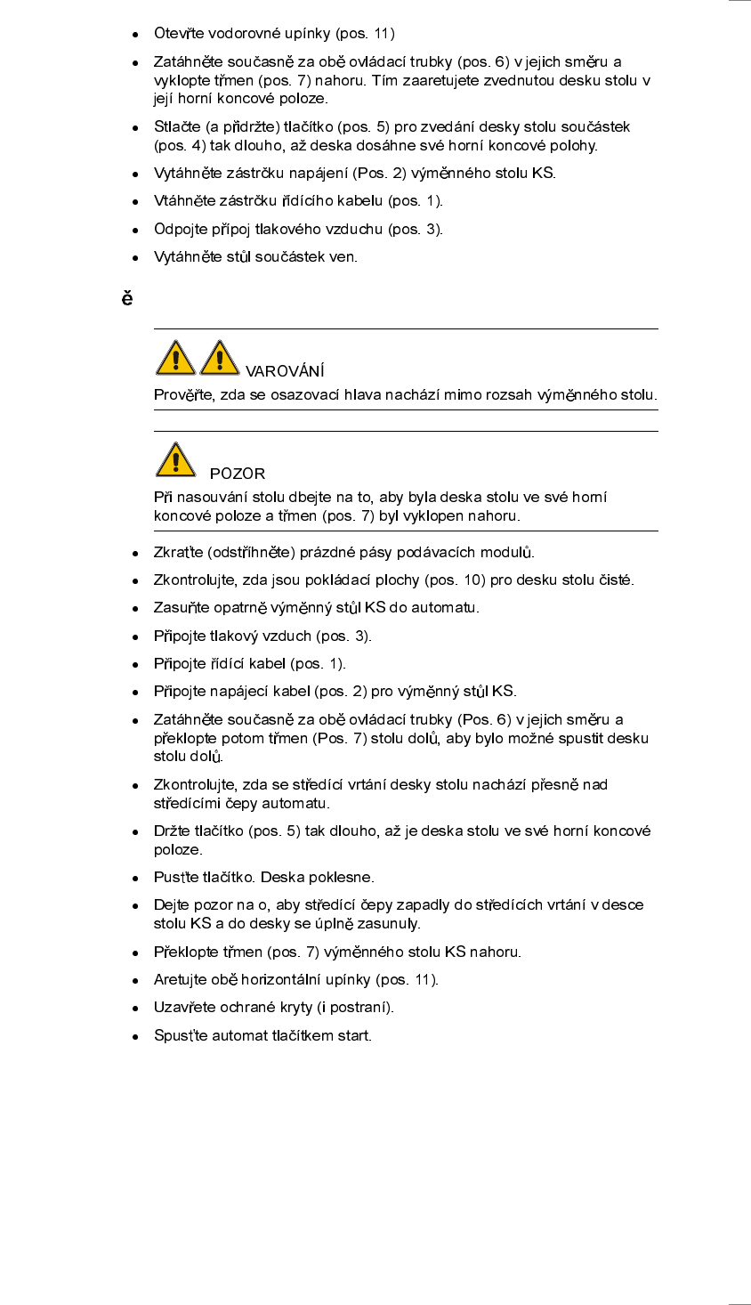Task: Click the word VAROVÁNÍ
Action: (285, 371)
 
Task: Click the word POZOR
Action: (238, 474)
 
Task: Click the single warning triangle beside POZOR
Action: (176, 460)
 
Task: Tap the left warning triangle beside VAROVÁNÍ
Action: (176, 358)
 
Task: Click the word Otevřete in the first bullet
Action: (179, 34)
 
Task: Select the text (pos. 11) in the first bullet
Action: (365, 34)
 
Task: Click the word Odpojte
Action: (179, 229)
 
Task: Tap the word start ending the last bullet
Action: (354, 1035)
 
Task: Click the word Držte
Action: (172, 831)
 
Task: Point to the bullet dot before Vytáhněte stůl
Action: (135, 258)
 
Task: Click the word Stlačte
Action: (177, 126)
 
